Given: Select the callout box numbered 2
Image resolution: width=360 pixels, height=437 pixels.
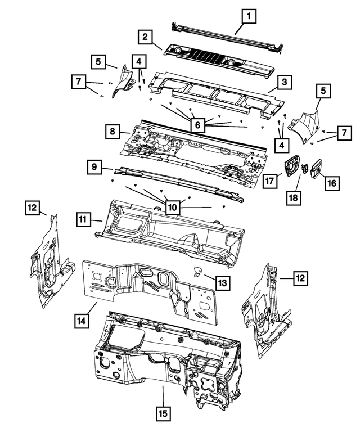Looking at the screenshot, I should [x=145, y=37].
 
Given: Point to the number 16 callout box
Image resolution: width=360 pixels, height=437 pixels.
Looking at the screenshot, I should [x=331, y=183].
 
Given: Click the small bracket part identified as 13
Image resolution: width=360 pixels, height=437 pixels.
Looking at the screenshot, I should [x=197, y=272].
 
